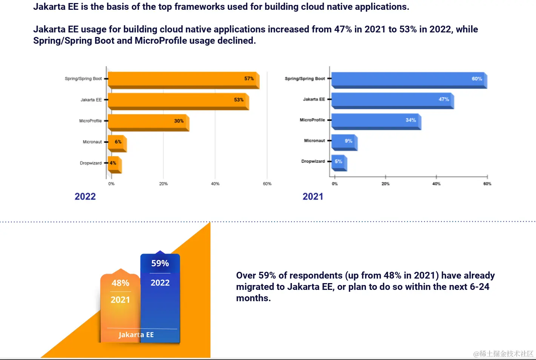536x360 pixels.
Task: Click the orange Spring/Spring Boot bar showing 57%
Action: tap(183, 79)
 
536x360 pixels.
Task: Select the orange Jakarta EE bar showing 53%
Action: tap(178, 100)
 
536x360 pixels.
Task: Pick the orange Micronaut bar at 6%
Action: tap(117, 142)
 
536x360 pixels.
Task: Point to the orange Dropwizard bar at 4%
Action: tap(114, 164)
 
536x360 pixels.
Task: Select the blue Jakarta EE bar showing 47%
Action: tap(392, 100)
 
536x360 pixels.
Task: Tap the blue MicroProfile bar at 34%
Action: tap(376, 121)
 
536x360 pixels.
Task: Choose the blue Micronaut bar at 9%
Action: tap(344, 141)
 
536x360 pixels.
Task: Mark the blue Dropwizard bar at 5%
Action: tap(339, 162)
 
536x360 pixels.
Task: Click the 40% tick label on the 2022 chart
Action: tap(215, 184)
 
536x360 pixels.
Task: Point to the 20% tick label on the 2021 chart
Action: tap(385, 184)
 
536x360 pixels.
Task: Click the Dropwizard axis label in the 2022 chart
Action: tap(91, 163)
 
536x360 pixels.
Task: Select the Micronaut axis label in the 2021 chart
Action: tap(314, 141)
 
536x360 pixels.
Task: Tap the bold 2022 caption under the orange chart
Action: tap(85, 196)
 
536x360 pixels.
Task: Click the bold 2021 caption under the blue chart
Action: tap(313, 196)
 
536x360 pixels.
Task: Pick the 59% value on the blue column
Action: tap(160, 263)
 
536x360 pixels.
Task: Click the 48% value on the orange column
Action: tap(120, 283)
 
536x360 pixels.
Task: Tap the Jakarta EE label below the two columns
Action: tap(136, 335)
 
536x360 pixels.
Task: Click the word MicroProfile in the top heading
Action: tap(161, 41)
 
